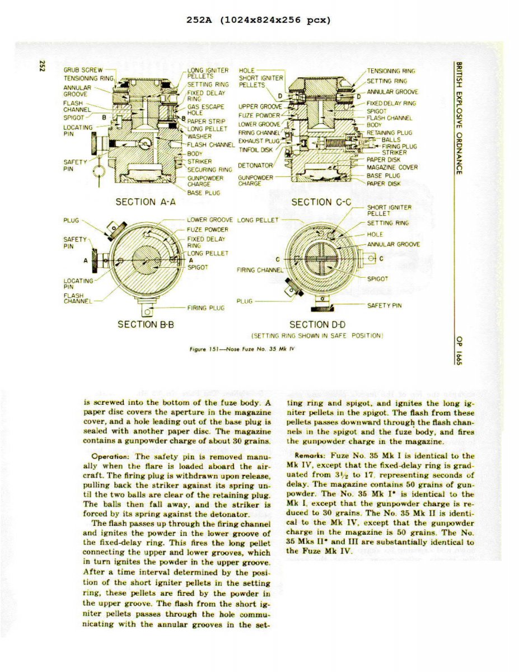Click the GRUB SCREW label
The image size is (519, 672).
[83, 70]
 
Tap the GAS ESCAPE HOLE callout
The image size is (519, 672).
[205, 109]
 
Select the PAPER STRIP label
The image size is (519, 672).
[206, 120]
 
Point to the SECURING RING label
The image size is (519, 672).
[209, 170]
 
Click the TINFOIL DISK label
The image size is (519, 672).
[255, 150]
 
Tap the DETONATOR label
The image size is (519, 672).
[255, 166]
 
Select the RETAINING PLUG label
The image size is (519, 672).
[389, 133]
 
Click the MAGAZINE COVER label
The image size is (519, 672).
[392, 167]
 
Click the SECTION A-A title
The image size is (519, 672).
[146, 202]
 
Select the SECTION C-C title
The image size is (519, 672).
[321, 202]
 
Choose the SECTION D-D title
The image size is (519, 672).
[317, 324]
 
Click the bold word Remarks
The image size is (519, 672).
[311, 456]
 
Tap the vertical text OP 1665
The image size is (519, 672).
[459, 350]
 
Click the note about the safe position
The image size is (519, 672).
[317, 336]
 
